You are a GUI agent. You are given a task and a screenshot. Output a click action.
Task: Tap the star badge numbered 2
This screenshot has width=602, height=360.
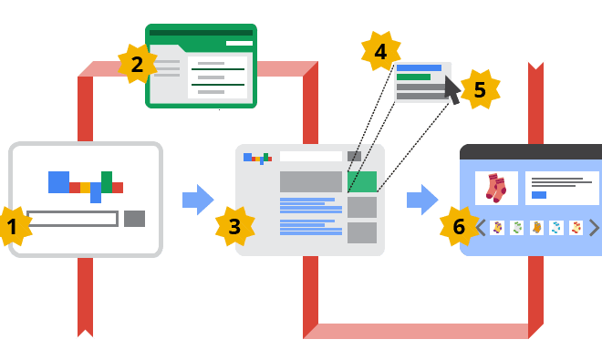pyautogui.click(x=137, y=64)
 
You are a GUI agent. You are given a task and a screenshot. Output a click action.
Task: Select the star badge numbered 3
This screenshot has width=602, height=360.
pyautogui.click(x=234, y=226)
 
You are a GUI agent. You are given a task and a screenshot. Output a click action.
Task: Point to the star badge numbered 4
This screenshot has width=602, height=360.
pyautogui.click(x=380, y=52)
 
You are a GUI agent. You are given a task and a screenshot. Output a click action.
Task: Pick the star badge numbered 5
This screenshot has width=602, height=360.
pyautogui.click(x=480, y=89)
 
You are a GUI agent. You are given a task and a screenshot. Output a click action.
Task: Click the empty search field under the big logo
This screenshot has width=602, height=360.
pyautogui.click(x=72, y=219)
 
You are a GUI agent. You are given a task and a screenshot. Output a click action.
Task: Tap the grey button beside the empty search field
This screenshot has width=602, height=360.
pyautogui.click(x=134, y=219)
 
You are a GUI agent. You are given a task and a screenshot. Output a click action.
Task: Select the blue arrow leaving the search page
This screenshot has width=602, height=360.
pyautogui.click(x=197, y=200)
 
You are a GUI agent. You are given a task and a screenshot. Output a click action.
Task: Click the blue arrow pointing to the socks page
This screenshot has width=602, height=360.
pyautogui.click(x=421, y=200)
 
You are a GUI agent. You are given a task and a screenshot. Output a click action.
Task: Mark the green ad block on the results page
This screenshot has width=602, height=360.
pyautogui.click(x=362, y=181)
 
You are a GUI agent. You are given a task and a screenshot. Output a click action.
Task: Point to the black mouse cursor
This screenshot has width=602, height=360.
pyautogui.click(x=451, y=89)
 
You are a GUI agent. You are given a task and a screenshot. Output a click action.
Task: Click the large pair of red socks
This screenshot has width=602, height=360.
pyautogui.click(x=496, y=188)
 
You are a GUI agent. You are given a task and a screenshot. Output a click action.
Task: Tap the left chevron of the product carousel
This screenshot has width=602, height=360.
pyautogui.click(x=481, y=228)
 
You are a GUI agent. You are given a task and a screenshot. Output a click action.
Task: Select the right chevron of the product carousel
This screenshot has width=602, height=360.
pyautogui.click(x=594, y=228)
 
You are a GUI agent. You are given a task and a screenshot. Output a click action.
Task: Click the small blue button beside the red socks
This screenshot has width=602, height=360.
pyautogui.click(x=538, y=194)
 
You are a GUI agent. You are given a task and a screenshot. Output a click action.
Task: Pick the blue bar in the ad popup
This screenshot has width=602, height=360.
pyautogui.click(x=419, y=67)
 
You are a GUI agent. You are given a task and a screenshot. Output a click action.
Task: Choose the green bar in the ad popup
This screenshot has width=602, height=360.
pyautogui.click(x=414, y=77)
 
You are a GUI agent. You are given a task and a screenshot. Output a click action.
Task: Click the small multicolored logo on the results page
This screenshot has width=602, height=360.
pyautogui.click(x=258, y=158)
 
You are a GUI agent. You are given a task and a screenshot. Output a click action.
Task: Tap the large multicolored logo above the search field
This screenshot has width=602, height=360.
pyautogui.click(x=85, y=185)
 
